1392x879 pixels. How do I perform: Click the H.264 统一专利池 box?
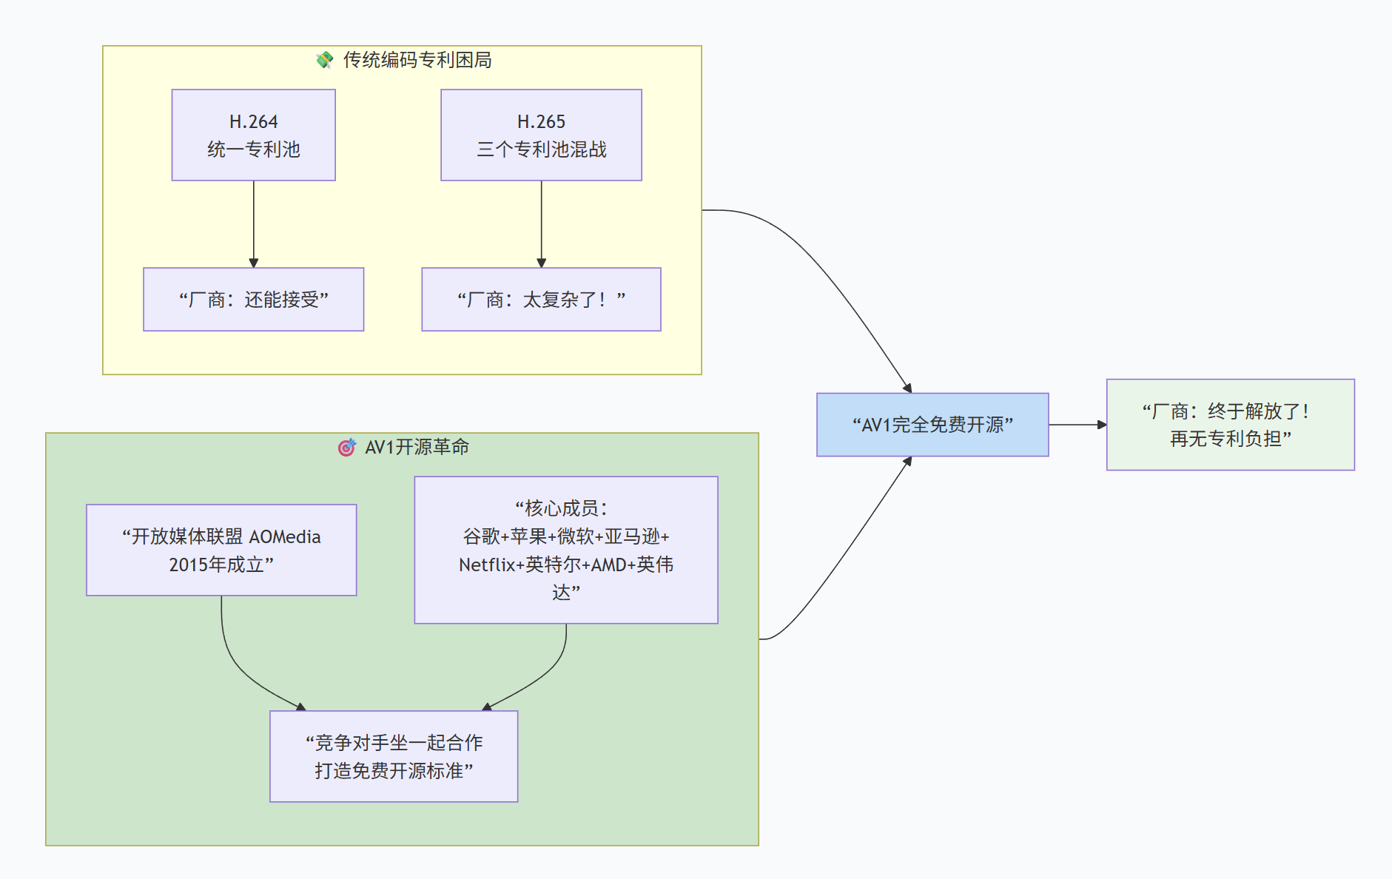tap(253, 135)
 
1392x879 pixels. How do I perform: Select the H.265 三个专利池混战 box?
tap(541, 135)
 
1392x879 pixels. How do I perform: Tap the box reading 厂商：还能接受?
tap(253, 300)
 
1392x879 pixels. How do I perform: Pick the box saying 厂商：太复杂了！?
tap(541, 300)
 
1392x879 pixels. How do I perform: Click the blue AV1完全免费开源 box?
tap(932, 425)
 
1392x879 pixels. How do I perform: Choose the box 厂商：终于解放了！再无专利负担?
tap(1230, 425)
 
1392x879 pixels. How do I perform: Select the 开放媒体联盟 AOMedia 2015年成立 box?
tap(221, 550)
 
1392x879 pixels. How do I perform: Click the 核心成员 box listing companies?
tap(565, 550)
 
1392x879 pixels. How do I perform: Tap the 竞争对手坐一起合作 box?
tap(394, 756)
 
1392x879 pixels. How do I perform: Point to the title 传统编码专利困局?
tap(417, 60)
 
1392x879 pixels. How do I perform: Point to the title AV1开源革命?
tap(417, 447)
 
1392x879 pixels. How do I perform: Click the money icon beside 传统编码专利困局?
tap(324, 60)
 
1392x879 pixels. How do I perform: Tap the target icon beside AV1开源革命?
tap(346, 447)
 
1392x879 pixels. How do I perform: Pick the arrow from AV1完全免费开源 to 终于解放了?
tap(1077, 425)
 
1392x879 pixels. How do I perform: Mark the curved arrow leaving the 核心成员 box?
tap(548, 670)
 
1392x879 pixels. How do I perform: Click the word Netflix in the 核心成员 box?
tap(486, 565)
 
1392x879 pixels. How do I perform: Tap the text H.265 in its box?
tap(541, 121)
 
